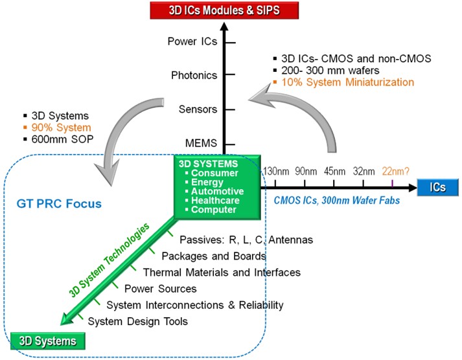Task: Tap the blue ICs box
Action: [437, 188]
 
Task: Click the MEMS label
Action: [201, 142]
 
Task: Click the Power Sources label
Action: [160, 288]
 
